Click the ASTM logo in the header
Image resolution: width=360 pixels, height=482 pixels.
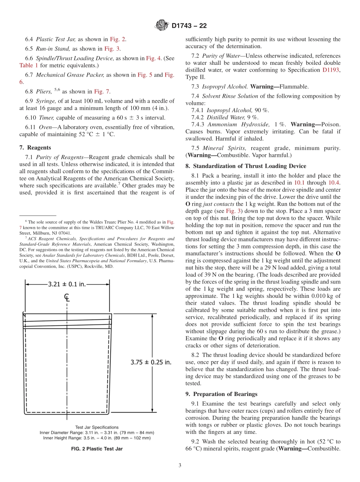162,26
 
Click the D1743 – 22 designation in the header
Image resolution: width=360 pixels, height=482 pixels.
189,26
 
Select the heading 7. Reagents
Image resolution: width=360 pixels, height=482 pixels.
35,148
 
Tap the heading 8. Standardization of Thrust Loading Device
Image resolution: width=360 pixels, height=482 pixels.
246,166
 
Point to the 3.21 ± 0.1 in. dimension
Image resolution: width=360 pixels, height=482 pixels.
67,284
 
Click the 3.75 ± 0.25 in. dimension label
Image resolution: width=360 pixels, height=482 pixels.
151,362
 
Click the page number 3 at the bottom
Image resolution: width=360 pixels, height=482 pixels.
180,465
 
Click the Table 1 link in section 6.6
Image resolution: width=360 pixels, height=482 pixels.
29,65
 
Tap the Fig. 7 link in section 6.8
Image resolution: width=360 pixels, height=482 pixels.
102,91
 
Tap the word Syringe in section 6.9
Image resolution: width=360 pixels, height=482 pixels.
45,101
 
